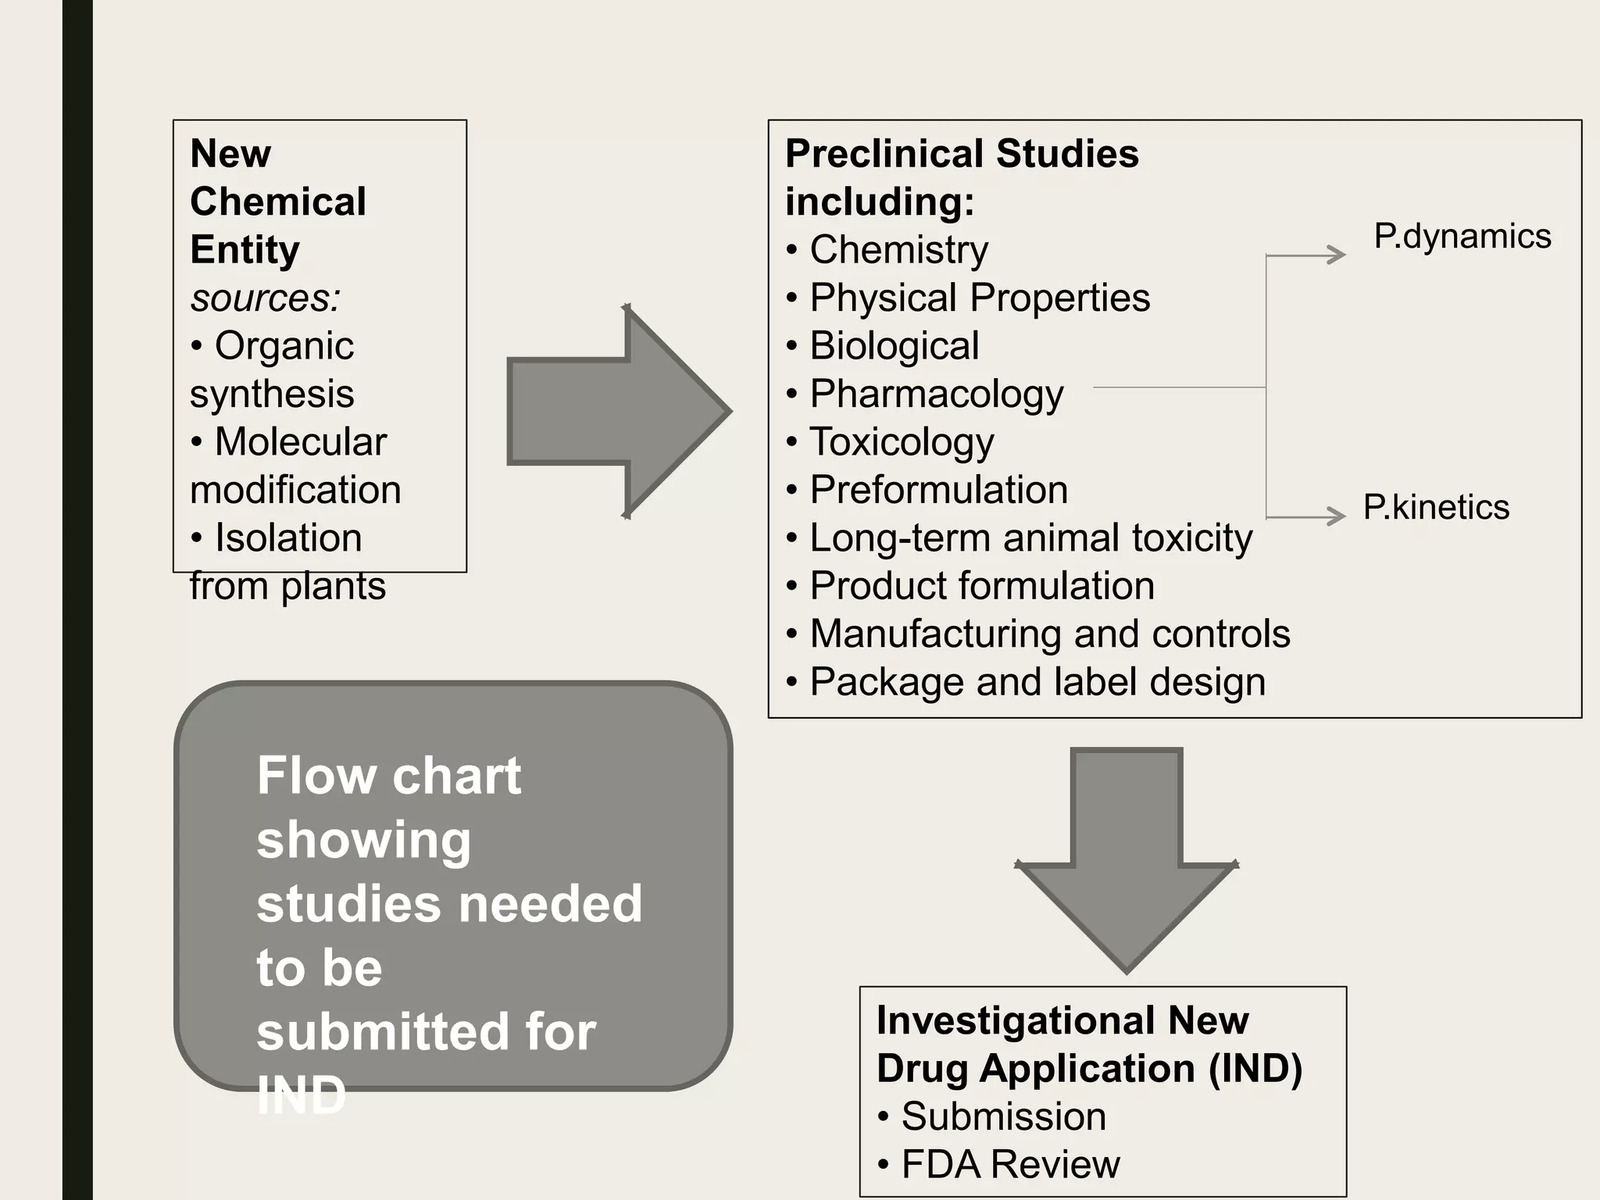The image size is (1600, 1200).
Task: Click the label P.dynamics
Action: [1462, 236]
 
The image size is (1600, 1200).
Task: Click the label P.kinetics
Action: [1436, 507]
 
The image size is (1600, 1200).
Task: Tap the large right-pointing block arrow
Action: [617, 412]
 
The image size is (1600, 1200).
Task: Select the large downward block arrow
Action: [1126, 859]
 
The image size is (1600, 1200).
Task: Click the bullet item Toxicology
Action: [902, 442]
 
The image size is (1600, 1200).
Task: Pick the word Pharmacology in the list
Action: [936, 394]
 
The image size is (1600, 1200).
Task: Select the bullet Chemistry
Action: [898, 250]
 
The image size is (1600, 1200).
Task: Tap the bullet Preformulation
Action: [938, 490]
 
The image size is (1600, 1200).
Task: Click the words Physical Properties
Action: [980, 298]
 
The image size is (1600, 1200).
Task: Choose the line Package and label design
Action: [1037, 681]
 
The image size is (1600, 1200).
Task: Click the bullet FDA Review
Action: [1010, 1164]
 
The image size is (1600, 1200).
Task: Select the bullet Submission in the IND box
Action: [1003, 1116]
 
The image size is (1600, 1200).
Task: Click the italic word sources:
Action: [266, 298]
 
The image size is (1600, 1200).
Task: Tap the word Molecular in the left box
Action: [300, 442]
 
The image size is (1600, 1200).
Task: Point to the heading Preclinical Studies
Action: [962, 153]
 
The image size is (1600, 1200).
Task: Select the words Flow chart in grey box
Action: [388, 776]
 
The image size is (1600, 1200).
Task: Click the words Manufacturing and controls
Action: [1049, 634]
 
